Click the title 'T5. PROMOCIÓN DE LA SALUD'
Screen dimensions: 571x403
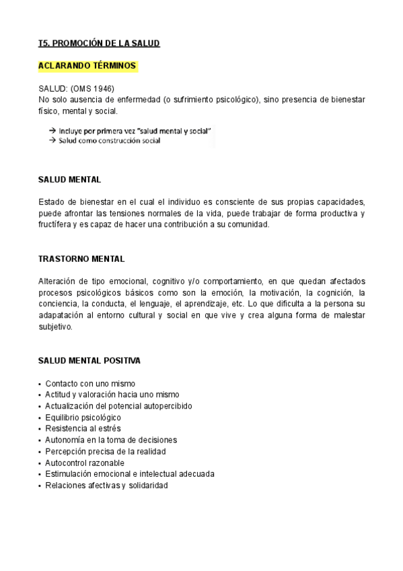click(99, 43)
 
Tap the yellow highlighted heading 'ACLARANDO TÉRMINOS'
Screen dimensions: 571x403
click(87, 66)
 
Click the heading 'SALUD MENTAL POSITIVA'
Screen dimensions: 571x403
click(89, 361)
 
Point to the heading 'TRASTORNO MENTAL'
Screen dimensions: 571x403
click(81, 259)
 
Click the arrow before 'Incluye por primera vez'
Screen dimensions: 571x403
click(52, 130)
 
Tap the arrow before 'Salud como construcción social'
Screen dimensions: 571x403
click(52, 141)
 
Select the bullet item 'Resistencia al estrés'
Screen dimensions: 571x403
click(83, 428)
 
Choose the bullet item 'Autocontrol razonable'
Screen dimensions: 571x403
click(84, 463)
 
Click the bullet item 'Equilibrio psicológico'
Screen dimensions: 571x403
click(83, 417)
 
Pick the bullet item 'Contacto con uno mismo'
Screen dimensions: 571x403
click(90, 383)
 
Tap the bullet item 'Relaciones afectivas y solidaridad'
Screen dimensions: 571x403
click(106, 485)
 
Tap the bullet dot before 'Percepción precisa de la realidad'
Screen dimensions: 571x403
click(40, 451)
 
